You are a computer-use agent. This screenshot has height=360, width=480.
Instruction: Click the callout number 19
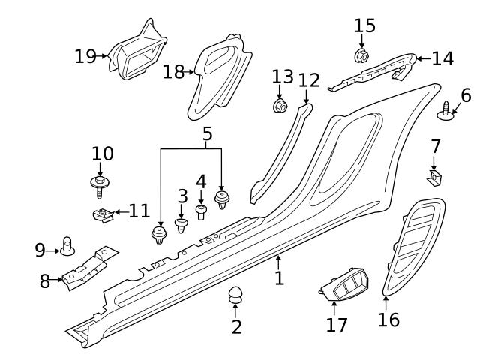coord(86,55)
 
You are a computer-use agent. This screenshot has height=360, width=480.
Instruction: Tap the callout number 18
coord(173,71)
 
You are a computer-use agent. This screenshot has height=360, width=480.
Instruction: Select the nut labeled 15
coord(360,55)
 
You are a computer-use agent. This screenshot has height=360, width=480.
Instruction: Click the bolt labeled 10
coord(98,183)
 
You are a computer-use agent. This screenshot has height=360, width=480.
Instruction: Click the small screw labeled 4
coord(201,211)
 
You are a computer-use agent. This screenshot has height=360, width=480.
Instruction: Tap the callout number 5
coord(207,134)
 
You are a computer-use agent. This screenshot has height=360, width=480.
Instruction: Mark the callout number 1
coord(279,279)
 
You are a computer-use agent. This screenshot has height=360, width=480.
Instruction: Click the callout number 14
coord(443,58)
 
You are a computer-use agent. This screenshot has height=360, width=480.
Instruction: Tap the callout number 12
coord(309,79)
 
